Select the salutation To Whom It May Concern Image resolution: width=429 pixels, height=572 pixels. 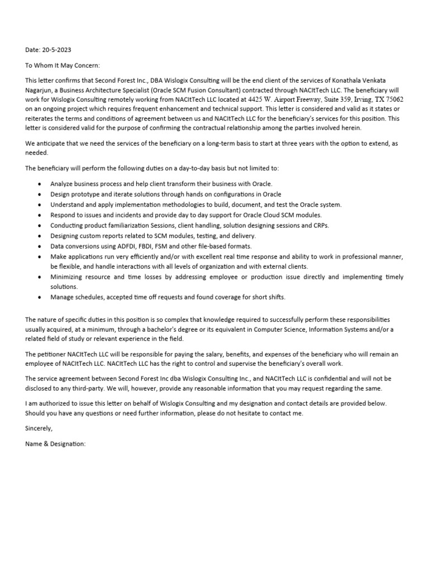(x=62, y=65)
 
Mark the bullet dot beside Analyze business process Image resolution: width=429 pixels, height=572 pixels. (x=39, y=184)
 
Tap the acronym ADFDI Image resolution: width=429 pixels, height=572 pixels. (x=118, y=246)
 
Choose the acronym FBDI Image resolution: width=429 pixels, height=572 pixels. (x=142, y=246)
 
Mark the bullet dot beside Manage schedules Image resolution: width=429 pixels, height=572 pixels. (x=39, y=297)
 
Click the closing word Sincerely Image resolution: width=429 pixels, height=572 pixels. (x=39, y=428)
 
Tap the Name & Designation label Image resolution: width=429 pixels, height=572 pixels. (x=55, y=444)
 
